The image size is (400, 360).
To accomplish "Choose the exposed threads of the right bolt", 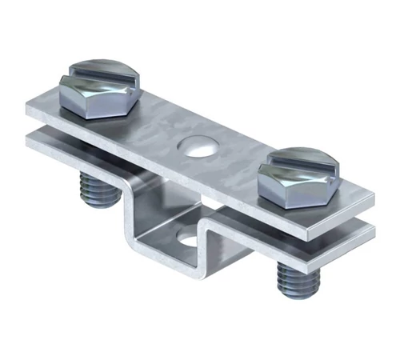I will coord(290,276).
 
